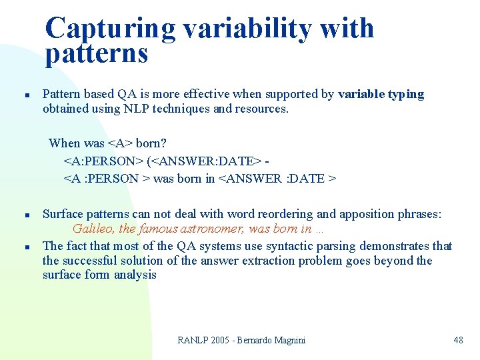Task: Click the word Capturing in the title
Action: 111,29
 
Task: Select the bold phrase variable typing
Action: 381,94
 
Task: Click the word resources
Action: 261,109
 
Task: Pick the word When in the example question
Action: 65,143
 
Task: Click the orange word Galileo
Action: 91,229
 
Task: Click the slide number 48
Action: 458,341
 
